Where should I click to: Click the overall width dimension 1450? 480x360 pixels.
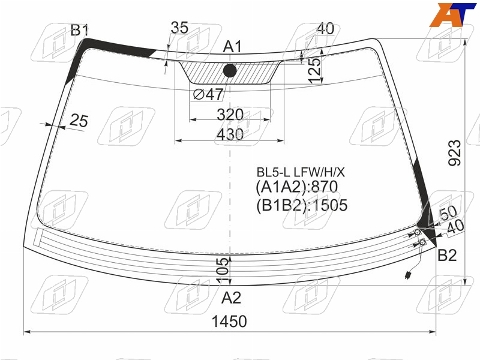point(229,322)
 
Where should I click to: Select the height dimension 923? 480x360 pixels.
point(454,153)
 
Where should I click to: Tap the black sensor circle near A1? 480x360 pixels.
point(230,71)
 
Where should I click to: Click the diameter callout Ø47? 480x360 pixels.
point(208,94)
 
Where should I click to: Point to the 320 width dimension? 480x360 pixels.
point(230,115)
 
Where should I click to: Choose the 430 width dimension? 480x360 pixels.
point(230,134)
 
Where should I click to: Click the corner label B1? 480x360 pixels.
point(80,31)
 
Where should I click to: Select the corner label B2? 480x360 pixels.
point(447,255)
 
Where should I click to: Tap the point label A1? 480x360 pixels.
point(232,47)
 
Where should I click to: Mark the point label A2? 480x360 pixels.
point(231,298)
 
